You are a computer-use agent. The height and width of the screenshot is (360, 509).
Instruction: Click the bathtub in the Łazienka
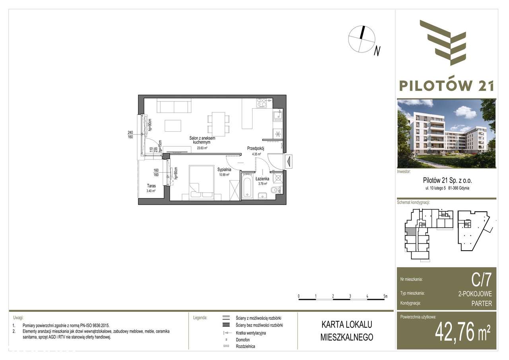pyautogui.click(x=247, y=186)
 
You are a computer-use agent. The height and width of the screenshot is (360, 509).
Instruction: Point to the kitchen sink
pyautogui.click(x=278, y=116)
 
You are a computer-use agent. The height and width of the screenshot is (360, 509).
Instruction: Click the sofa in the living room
pyautogui.click(x=173, y=106)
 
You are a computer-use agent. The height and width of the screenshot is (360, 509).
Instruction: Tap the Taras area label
pyautogui.click(x=150, y=186)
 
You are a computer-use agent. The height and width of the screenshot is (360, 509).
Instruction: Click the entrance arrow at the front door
pyautogui.click(x=289, y=162)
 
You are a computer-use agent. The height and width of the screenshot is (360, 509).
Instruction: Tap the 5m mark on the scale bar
pyautogui.click(x=385, y=296)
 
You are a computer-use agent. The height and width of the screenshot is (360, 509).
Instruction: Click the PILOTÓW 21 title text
pyautogui.click(x=447, y=86)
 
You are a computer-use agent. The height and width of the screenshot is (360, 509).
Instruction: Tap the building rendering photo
pyautogui.click(x=447, y=133)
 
